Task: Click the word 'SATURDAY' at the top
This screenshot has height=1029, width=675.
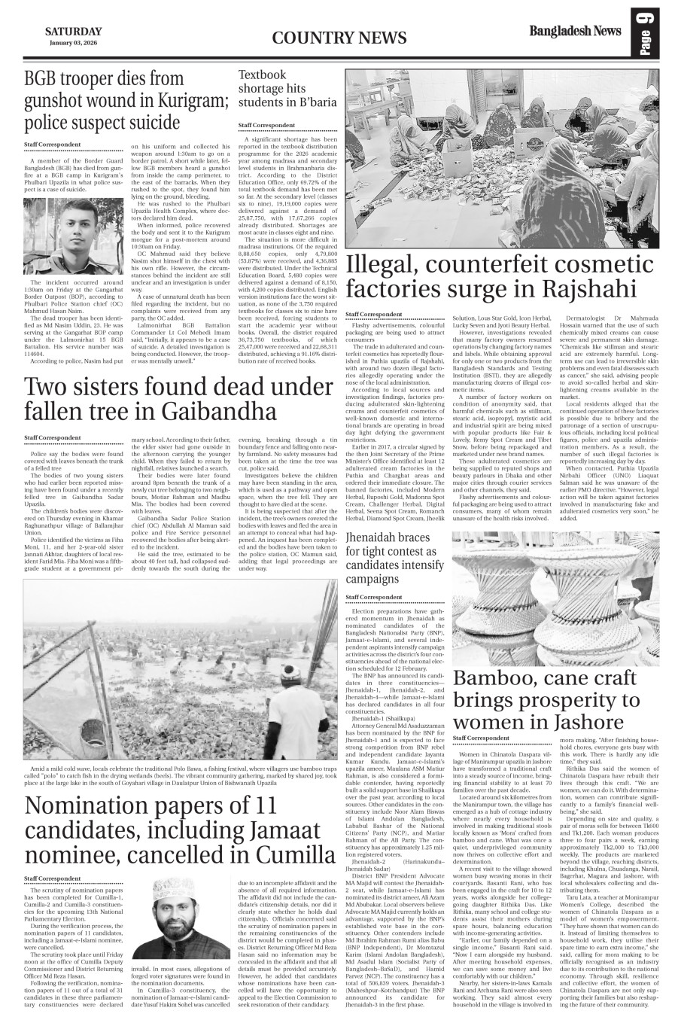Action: point(73,31)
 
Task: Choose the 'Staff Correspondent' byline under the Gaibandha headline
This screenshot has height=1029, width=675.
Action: point(52,437)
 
